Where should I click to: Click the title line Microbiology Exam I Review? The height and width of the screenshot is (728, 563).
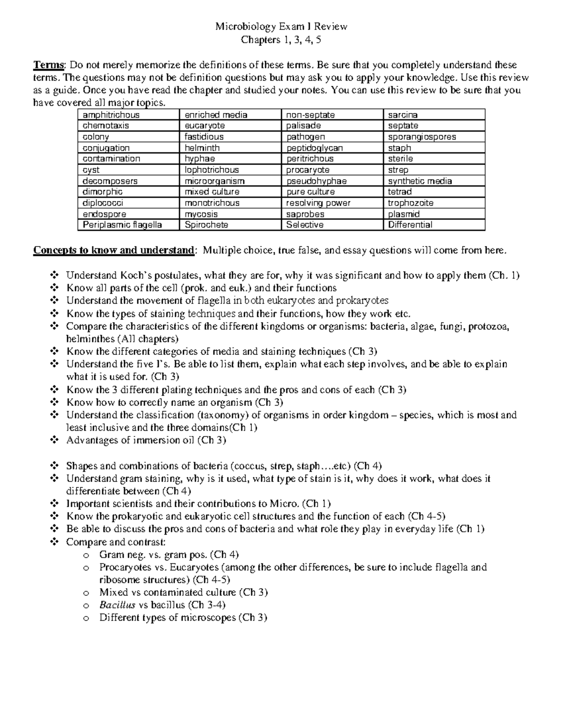pyautogui.click(x=281, y=27)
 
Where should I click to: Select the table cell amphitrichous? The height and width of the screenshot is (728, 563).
pyautogui.click(x=111, y=115)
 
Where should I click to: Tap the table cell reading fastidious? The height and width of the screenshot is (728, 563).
pyautogui.click(x=204, y=137)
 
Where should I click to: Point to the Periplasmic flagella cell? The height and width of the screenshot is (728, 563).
pyautogui.click(x=122, y=225)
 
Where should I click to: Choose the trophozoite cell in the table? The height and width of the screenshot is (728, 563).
pyautogui.click(x=411, y=203)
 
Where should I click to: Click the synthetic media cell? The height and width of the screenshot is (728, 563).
pyautogui.click(x=420, y=181)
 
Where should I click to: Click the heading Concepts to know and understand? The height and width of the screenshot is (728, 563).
pyautogui.click(x=113, y=250)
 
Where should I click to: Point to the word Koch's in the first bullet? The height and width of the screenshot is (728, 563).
pyautogui.click(x=137, y=276)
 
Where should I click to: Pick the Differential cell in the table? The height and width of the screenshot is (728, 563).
pyautogui.click(x=410, y=225)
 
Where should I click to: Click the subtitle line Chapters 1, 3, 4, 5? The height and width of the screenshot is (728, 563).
pyautogui.click(x=281, y=40)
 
